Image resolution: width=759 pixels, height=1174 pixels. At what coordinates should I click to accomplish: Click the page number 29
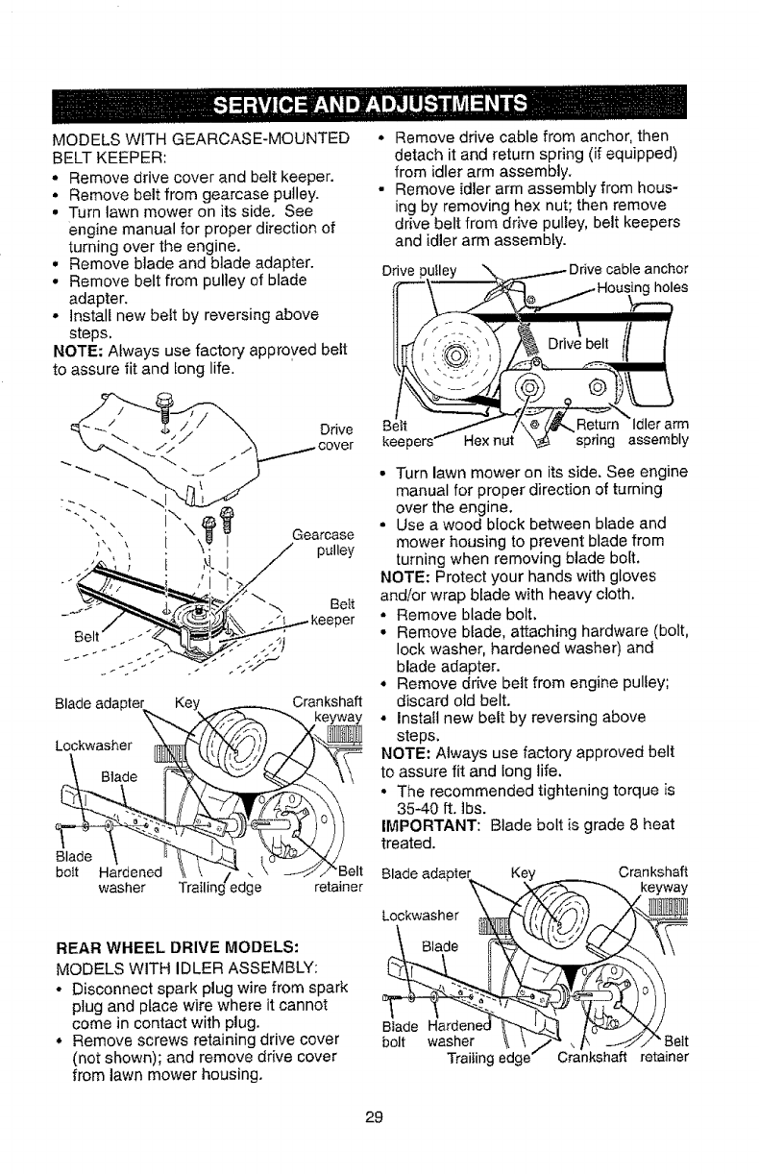coord(379,1115)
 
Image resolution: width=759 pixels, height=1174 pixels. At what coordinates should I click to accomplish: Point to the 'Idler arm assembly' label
coord(659,435)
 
